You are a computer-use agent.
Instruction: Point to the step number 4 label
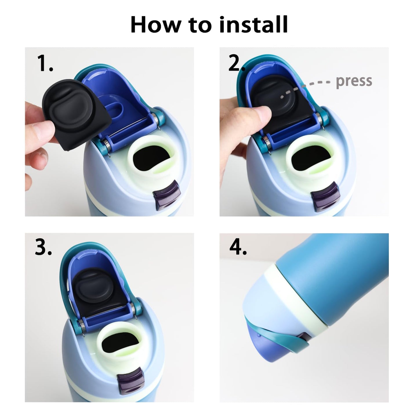click(238, 247)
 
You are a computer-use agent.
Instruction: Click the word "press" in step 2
click(354, 81)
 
